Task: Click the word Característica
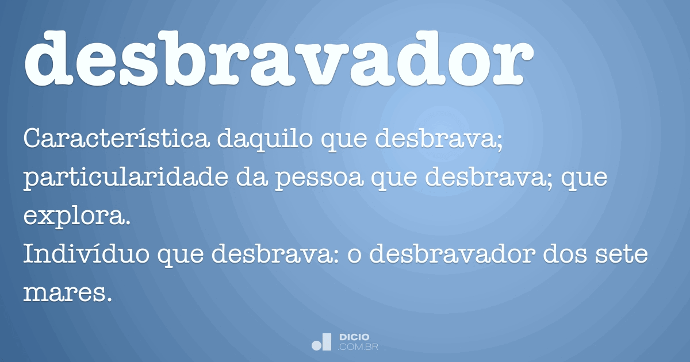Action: click(116, 138)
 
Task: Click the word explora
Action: click(77, 218)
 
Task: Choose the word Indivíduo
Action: click(87, 253)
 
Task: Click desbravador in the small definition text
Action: click(452, 253)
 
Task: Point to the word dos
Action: click(565, 253)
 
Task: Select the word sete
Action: click(622, 256)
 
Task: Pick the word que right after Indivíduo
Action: click(181, 257)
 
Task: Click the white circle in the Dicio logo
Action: click(316, 345)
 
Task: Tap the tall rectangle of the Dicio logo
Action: click(327, 342)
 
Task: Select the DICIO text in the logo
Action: click(354, 337)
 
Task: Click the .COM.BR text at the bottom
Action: click(358, 347)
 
